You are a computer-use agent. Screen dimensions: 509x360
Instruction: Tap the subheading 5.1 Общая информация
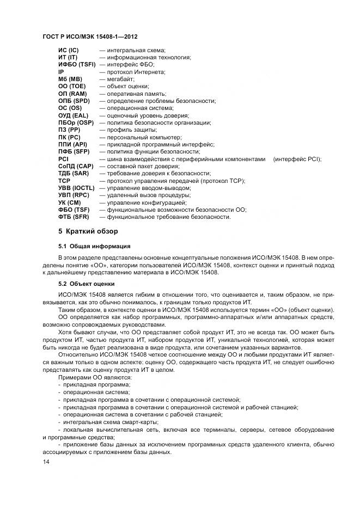click(x=94, y=246)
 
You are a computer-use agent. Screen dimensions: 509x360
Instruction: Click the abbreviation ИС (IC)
click(x=69, y=50)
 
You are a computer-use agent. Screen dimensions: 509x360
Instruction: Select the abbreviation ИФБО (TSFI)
click(x=77, y=64)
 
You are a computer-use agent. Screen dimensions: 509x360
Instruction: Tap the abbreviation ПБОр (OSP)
click(x=75, y=122)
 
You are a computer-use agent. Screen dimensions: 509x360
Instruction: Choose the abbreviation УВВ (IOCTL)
click(x=76, y=188)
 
